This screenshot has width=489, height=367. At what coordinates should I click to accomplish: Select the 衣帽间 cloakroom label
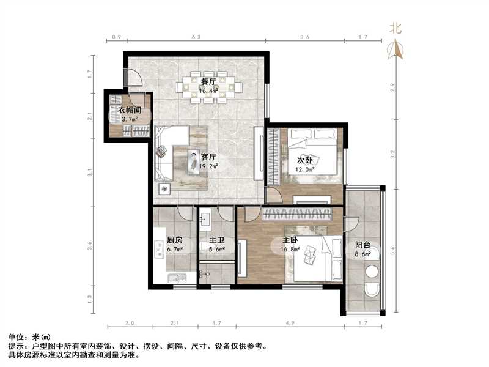130,111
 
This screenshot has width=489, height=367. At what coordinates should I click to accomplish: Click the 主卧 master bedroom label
290,240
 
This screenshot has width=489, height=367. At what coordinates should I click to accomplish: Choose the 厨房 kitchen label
174,240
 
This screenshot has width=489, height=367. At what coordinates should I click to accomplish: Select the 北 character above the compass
396,28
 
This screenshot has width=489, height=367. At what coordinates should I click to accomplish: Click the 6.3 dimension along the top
196,38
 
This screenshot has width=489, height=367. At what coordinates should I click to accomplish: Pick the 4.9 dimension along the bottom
289,323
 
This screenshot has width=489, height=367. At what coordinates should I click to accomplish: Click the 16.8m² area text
290,249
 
